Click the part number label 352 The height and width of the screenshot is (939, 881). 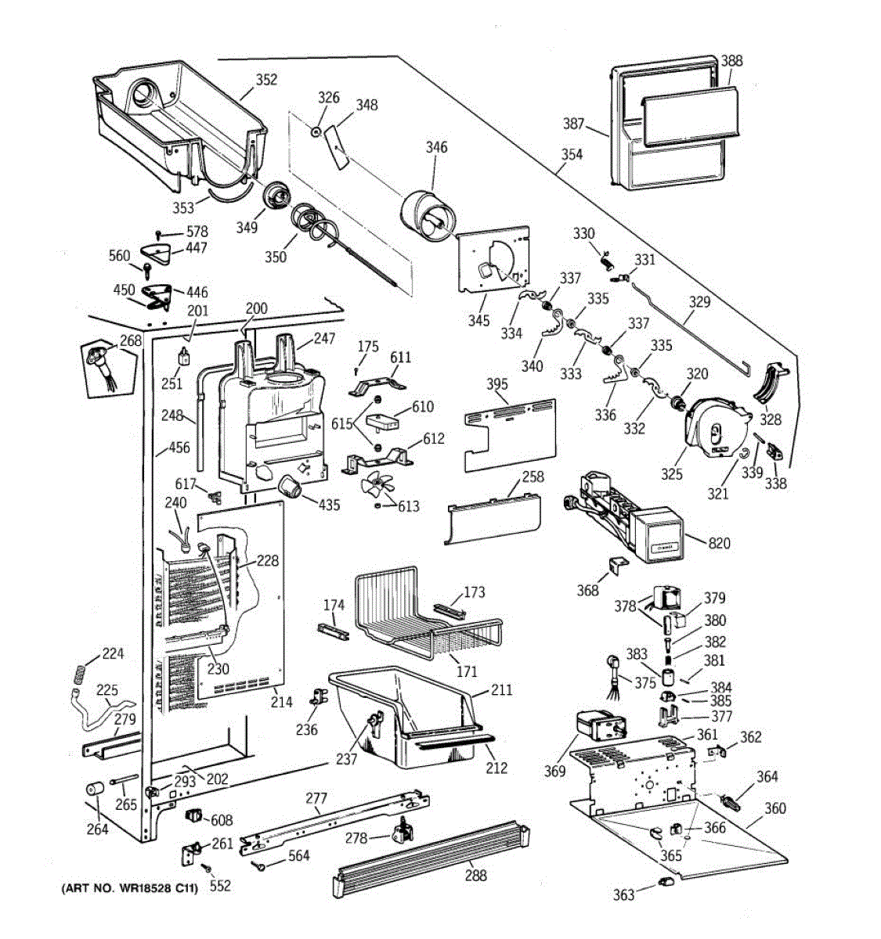click(266, 80)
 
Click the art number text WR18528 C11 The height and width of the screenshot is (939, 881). click(129, 888)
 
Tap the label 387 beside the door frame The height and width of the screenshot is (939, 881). click(574, 124)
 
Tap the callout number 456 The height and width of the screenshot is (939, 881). click(179, 448)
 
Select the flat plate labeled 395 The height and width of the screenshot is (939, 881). click(509, 434)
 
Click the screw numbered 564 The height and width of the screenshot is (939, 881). click(258, 865)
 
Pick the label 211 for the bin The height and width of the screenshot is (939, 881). click(501, 689)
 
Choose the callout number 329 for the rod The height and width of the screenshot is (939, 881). click(699, 302)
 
